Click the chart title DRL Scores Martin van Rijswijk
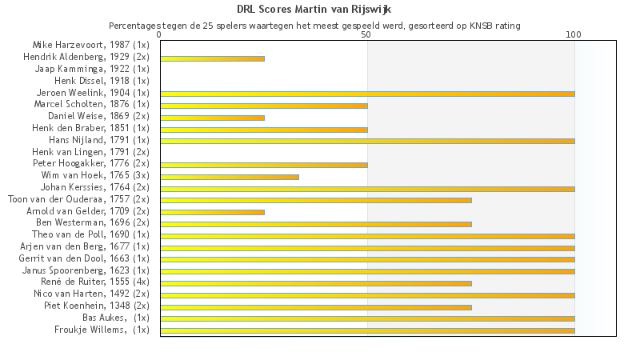click(x=314, y=10)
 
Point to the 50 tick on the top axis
click(x=366, y=34)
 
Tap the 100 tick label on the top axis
click(x=574, y=34)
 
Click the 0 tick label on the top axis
click(x=160, y=34)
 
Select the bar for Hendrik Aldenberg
click(x=212, y=58)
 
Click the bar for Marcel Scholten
click(x=264, y=106)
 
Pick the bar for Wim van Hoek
click(x=230, y=177)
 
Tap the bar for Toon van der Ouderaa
click(x=316, y=200)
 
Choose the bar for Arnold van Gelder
click(x=212, y=212)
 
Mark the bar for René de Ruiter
click(x=316, y=283)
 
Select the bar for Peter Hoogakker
click(x=264, y=165)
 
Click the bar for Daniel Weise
click(x=212, y=118)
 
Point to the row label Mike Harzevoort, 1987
click(x=90, y=45)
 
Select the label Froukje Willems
click(x=102, y=330)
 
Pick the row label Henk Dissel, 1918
click(x=102, y=81)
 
